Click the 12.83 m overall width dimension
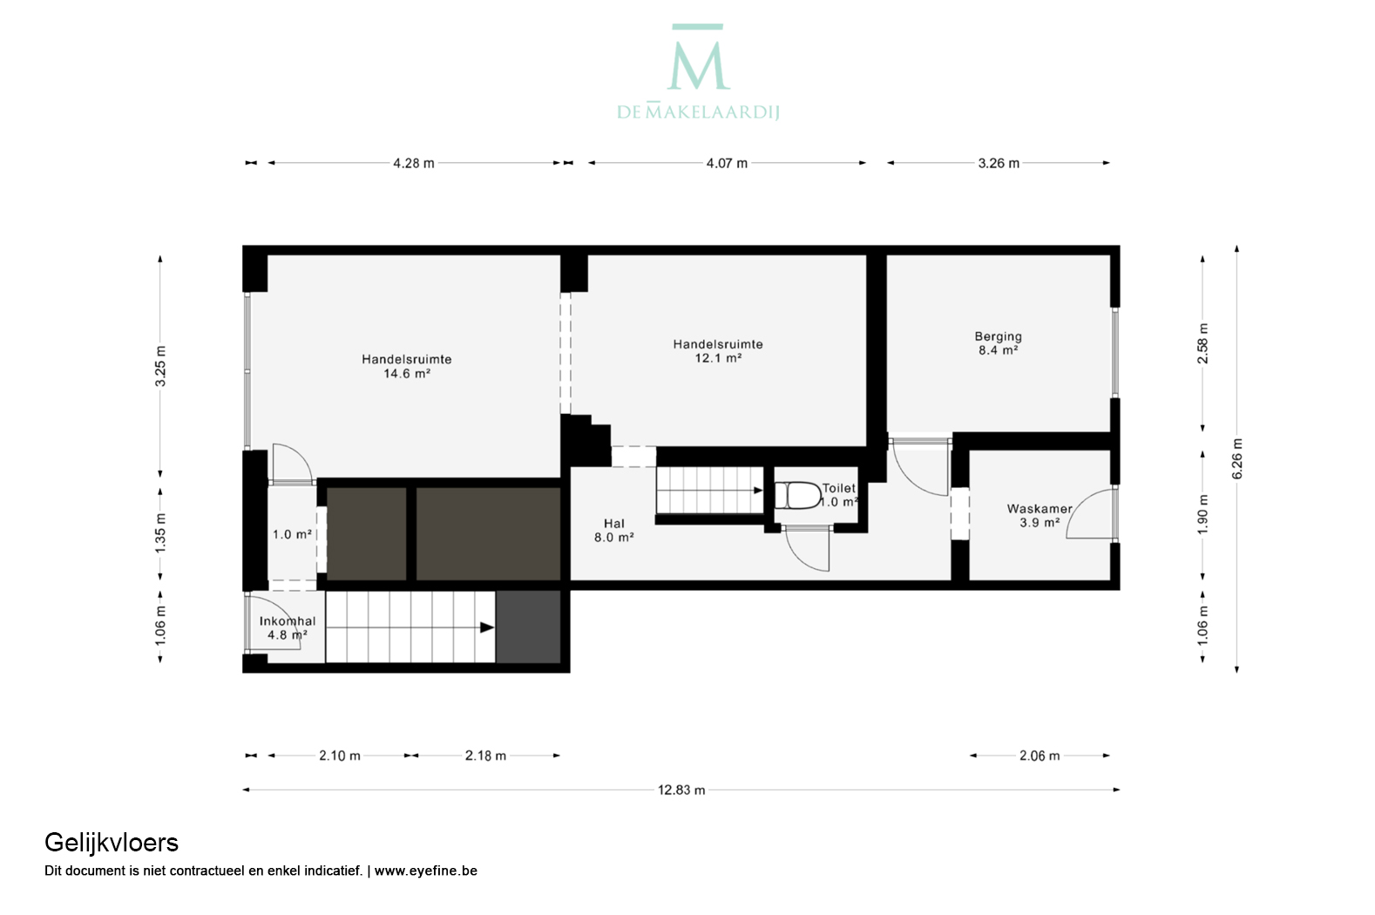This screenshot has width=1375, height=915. (x=681, y=790)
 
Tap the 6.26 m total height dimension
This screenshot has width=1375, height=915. (x=1237, y=459)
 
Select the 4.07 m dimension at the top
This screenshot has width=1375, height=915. (x=727, y=163)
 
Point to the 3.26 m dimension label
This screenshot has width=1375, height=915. (x=999, y=163)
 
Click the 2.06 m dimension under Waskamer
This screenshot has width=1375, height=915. (x=1040, y=756)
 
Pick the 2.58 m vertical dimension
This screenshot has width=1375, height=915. (x=1203, y=343)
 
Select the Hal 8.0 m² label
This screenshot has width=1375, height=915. (x=613, y=531)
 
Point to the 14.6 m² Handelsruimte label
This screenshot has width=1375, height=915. (x=406, y=366)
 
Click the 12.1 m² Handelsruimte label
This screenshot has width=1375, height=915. (x=718, y=350)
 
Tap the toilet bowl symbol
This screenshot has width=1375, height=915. (x=798, y=495)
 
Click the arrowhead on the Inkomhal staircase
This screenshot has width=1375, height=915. (x=487, y=627)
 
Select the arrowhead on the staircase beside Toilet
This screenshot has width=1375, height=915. (x=758, y=491)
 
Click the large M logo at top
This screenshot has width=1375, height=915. (x=698, y=57)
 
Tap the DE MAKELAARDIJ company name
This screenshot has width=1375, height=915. (x=698, y=112)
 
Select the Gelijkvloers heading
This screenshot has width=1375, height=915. (x=112, y=844)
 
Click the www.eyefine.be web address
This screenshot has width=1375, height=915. (x=425, y=871)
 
